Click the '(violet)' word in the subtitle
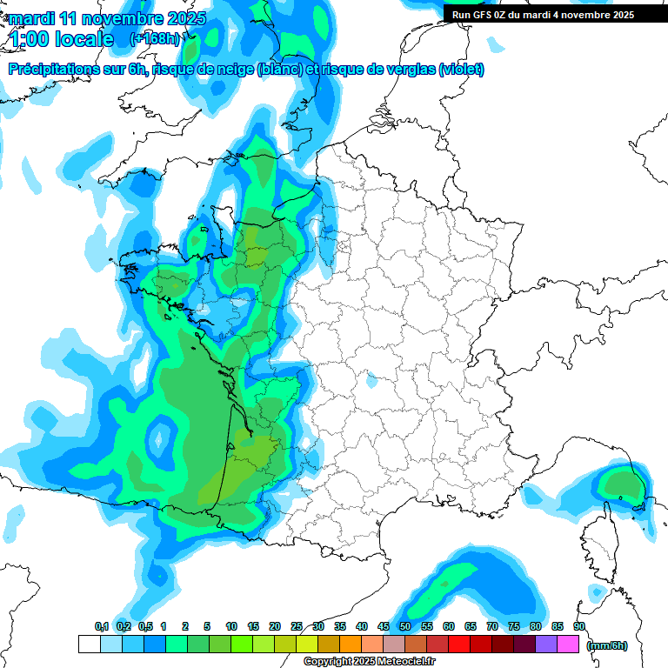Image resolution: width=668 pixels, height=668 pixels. click(460, 70)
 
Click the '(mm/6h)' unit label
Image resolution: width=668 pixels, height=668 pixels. click(607, 645)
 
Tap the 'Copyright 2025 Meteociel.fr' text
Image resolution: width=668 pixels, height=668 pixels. click(369, 662)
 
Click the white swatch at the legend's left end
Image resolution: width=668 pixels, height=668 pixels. click(89, 645)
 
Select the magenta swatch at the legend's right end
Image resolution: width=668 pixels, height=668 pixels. click(568, 645)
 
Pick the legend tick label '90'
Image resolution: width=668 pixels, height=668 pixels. click(578, 626)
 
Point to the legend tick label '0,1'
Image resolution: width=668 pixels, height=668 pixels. click(101, 626)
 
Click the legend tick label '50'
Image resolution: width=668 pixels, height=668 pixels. click(405, 626)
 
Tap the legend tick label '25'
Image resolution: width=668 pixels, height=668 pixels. click(297, 626)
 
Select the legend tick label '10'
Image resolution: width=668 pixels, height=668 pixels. click(231, 626)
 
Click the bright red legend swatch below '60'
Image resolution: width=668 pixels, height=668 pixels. click(459, 645)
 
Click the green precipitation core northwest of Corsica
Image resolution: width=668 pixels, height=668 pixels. click(622, 483)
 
